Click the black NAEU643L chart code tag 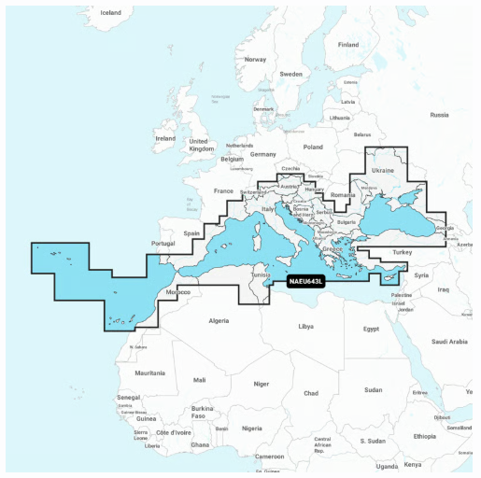pos(305,281)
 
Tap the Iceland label pos(110,13)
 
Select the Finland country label pos(347,44)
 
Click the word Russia pos(439,115)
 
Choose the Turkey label pos(403,252)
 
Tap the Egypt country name pos(371,329)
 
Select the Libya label pos(305,327)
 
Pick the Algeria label pos(217,320)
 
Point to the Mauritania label pos(149,373)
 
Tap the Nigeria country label pos(251,429)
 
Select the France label pos(223,190)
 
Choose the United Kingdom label pos(202,145)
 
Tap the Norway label pos(255,59)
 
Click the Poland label pos(312,147)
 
